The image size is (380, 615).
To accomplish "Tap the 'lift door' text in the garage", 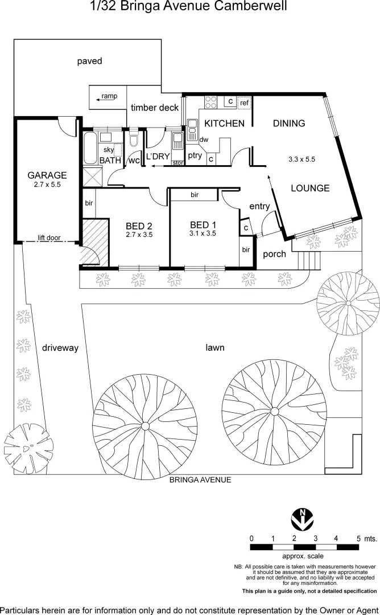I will tap(49, 237).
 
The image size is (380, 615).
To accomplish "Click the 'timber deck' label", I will tap(155, 108).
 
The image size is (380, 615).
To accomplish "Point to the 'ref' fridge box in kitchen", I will tap(245, 102).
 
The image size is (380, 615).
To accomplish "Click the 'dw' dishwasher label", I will tap(204, 140).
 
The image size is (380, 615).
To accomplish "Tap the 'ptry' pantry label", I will tap(195, 155).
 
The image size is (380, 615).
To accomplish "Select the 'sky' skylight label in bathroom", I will tap(109, 150).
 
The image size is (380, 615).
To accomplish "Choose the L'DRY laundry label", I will tap(158, 156).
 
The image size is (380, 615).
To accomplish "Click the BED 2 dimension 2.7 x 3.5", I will tap(139, 234).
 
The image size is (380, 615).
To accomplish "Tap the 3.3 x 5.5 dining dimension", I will tap(302, 160).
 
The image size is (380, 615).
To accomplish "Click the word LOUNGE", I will tap(311, 188).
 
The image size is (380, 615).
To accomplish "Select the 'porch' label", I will tap(275, 254).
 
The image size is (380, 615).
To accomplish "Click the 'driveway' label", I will tap(60, 347).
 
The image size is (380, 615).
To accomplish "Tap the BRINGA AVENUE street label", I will tap(200, 480).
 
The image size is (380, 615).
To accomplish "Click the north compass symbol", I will tap(303, 518).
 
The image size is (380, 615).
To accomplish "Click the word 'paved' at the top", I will tap(89, 61).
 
